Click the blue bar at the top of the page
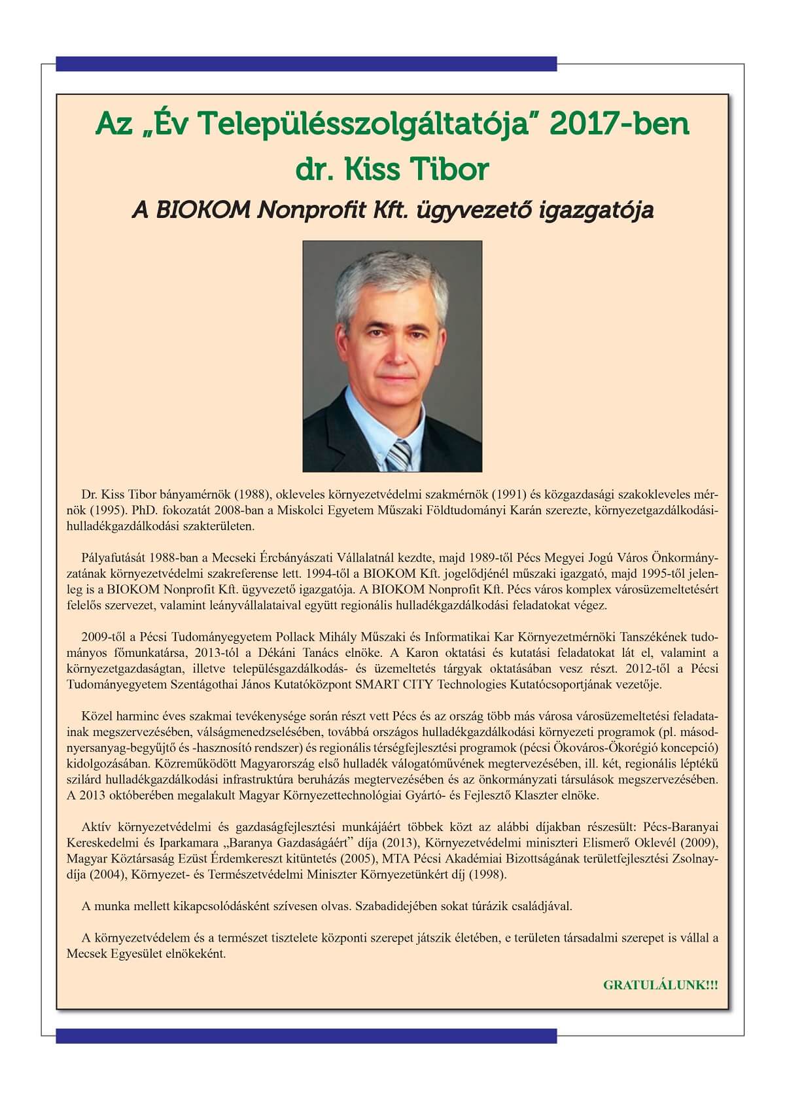pyautogui.click(x=306, y=63)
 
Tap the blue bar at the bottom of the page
pyautogui.click(x=306, y=1035)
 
